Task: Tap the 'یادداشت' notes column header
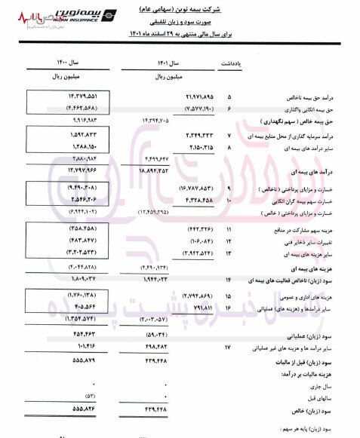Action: [x=232, y=65]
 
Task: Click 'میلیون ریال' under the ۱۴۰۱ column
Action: [x=170, y=76]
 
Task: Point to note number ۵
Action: [x=229, y=98]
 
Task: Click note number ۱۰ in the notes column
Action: [x=229, y=203]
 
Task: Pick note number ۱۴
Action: [x=228, y=280]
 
